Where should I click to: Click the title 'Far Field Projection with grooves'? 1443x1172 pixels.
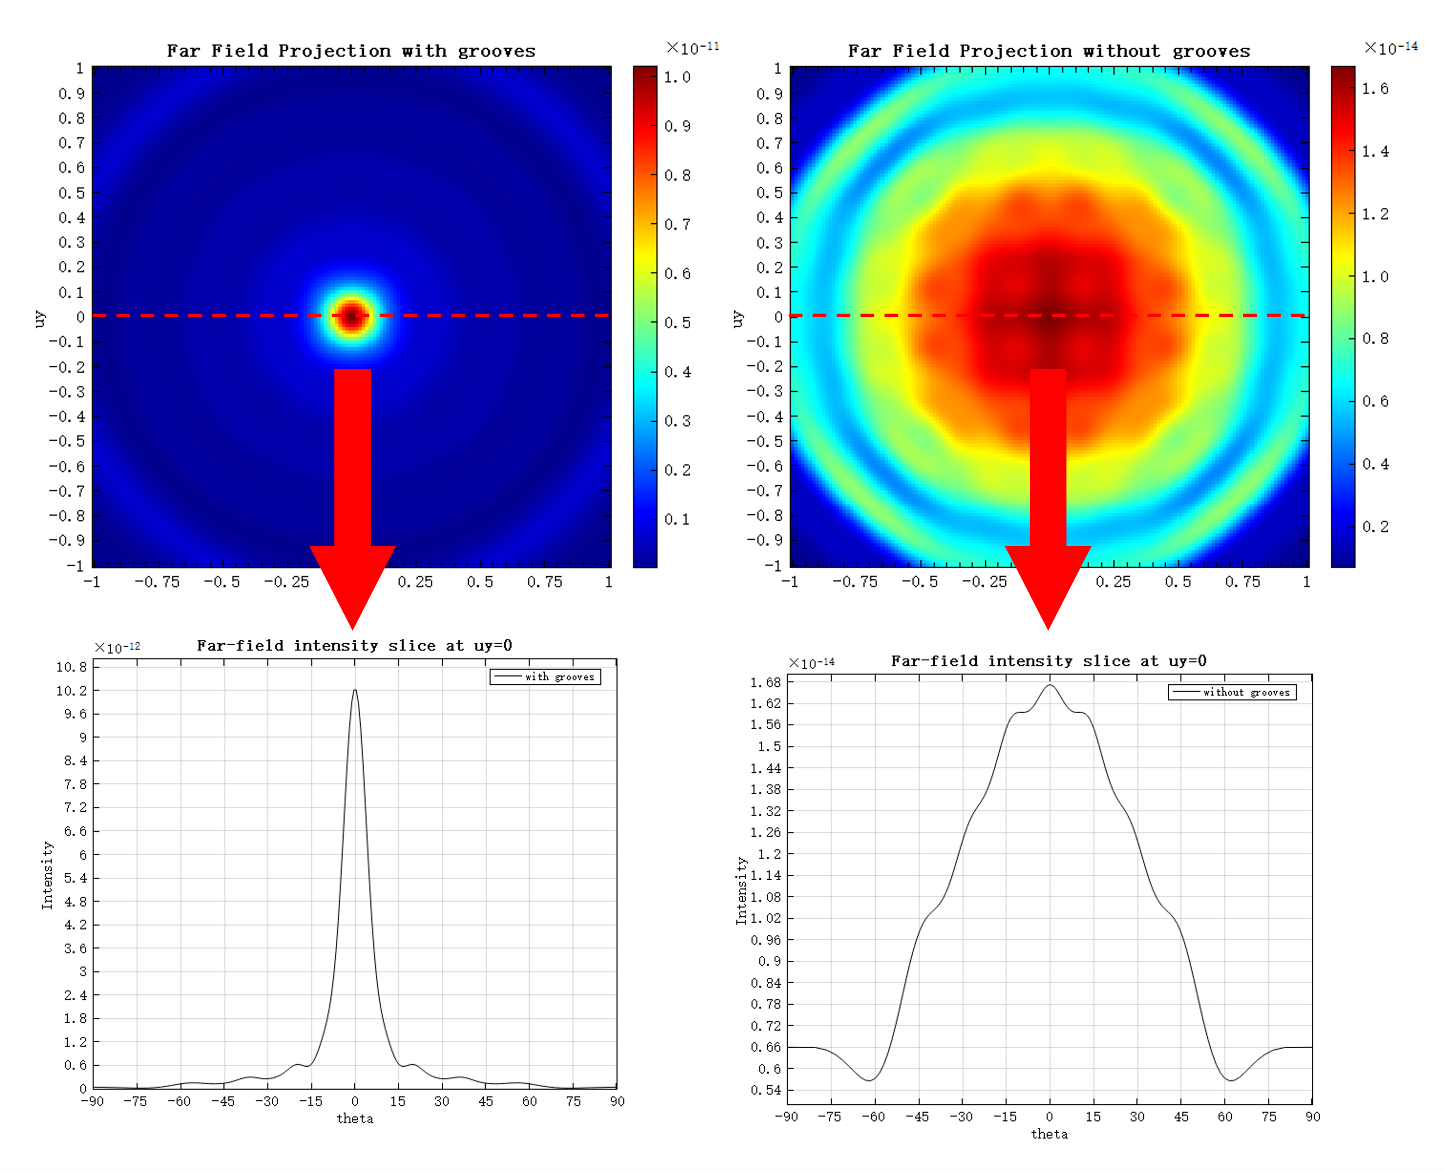pos(350,51)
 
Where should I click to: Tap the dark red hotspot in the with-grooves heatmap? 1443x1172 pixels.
pos(351,315)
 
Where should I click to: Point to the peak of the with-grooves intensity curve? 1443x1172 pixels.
pos(355,690)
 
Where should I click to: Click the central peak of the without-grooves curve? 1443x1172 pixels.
pos(1049,685)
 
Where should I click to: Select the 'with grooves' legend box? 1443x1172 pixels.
pos(545,676)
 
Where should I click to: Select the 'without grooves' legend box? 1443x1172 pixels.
pos(1232,692)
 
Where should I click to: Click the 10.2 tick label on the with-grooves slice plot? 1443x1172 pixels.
pos(72,691)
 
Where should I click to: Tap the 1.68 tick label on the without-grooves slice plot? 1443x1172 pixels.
pos(765,682)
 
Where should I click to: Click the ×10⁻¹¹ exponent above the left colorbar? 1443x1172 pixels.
pos(693,48)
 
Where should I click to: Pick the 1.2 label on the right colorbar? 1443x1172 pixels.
pos(1375,214)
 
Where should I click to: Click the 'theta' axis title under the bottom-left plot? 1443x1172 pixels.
pos(355,1119)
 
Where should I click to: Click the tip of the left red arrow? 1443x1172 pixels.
pos(352,627)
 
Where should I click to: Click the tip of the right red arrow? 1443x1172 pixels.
pos(1048,627)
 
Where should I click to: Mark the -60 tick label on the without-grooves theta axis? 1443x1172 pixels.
pos(873,1117)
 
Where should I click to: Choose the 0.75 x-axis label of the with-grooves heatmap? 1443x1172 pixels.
pos(545,582)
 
